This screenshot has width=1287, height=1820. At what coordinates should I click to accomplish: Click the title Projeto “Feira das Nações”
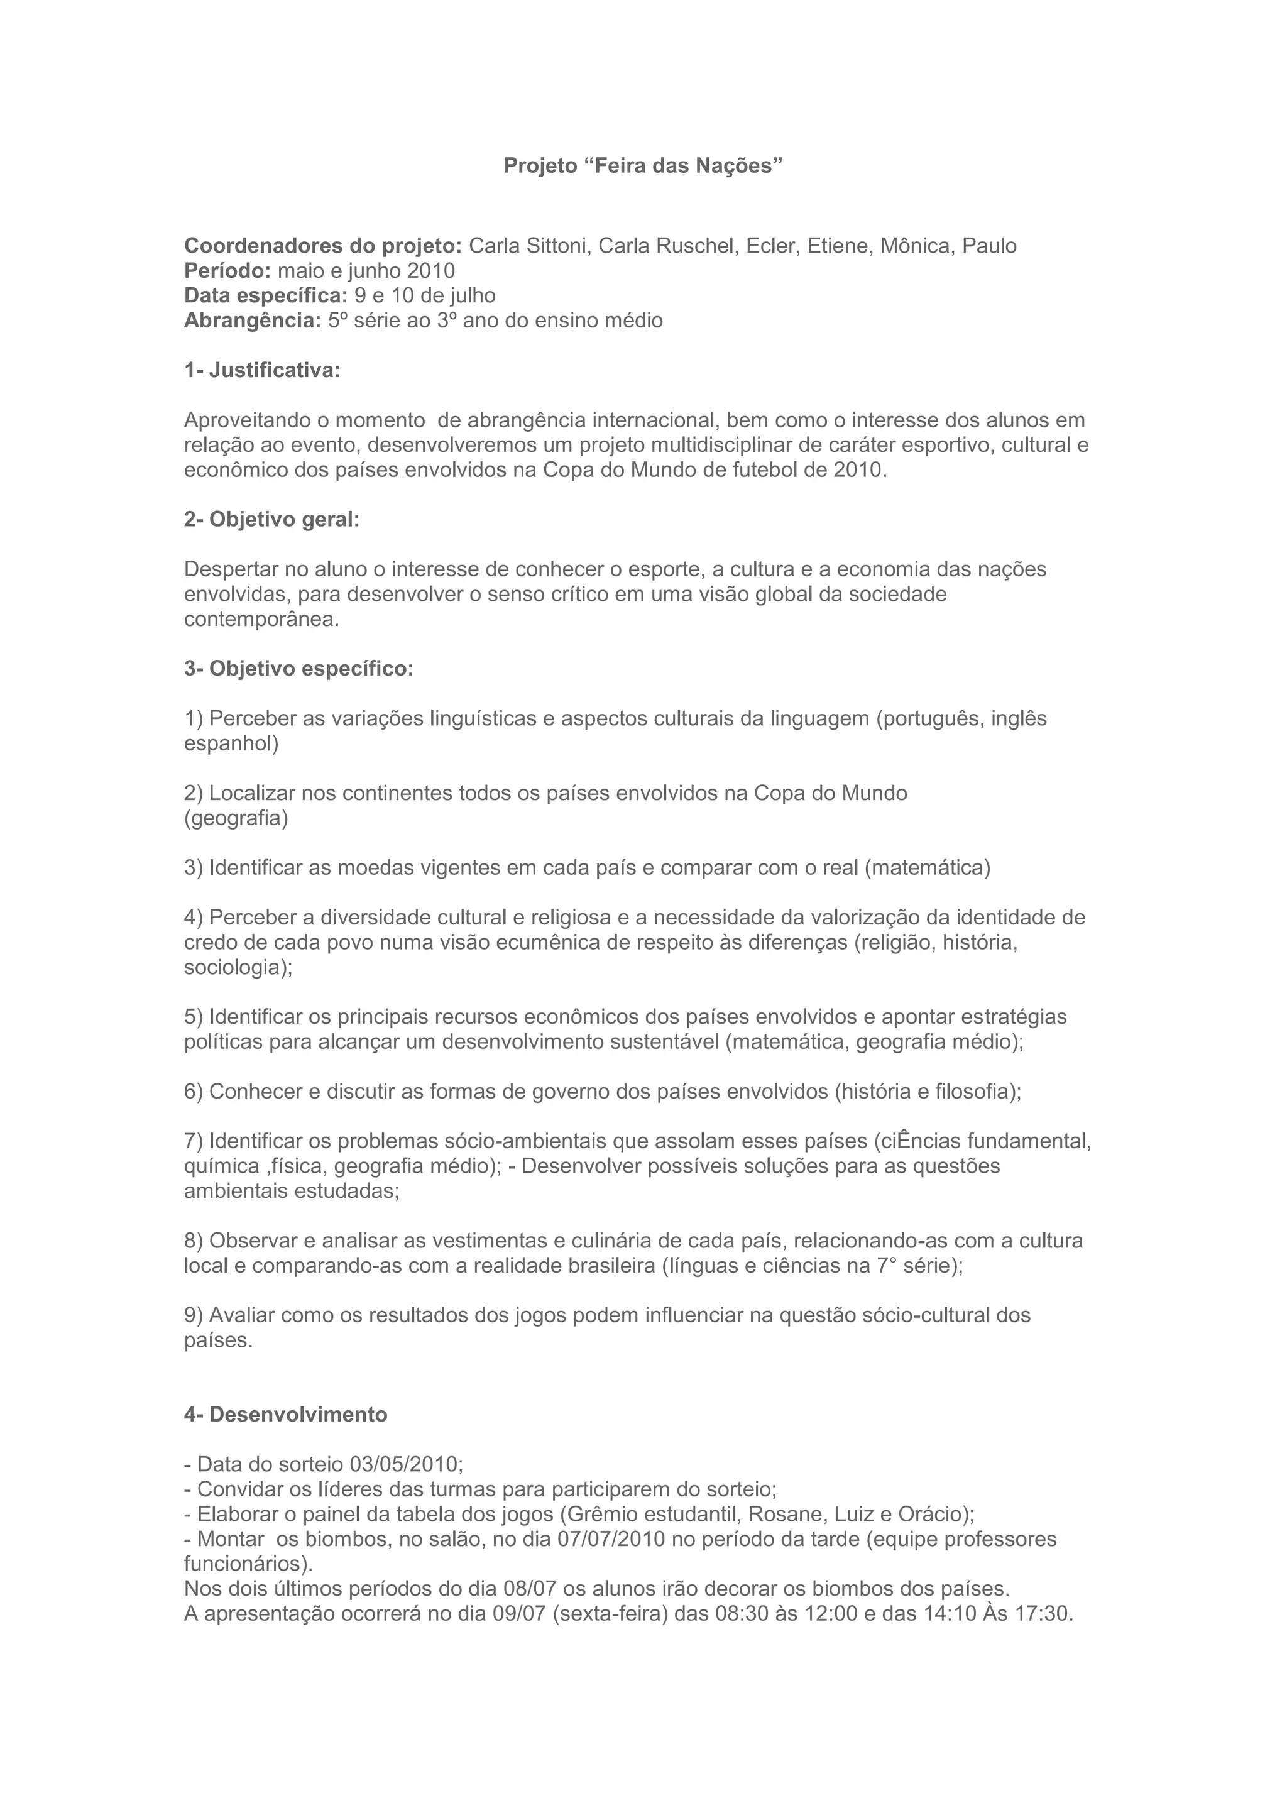coord(643,167)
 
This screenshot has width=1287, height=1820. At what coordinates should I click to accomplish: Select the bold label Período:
coord(228,271)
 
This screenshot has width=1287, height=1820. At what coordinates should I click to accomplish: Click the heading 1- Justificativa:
coord(262,370)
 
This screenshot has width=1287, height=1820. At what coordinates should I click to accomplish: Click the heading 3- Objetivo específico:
coord(298,669)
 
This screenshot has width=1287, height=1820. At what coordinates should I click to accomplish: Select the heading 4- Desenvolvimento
coord(286,1415)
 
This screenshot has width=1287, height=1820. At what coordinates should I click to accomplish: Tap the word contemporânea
coord(261,620)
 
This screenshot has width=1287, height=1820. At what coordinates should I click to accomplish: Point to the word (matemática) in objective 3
coord(927,868)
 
